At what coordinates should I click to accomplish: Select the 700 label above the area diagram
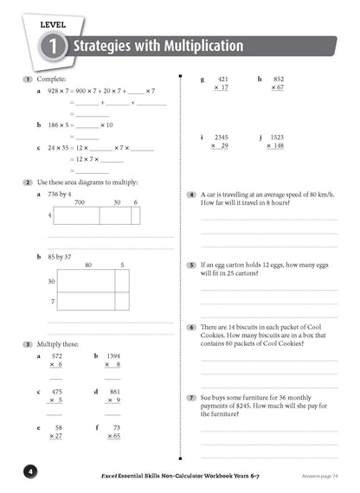pyautogui.click(x=79, y=202)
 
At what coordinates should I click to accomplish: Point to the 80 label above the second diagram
pyautogui.click(x=88, y=265)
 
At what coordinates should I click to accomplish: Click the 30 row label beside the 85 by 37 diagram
pyautogui.click(x=51, y=281)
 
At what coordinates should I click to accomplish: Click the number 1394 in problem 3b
pyautogui.click(x=113, y=355)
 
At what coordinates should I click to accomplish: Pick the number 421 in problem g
pyautogui.click(x=222, y=79)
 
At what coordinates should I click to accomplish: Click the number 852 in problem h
pyautogui.click(x=278, y=79)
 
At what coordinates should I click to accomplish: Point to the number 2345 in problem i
pyautogui.click(x=221, y=137)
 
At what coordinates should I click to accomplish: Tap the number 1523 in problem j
pyautogui.click(x=276, y=137)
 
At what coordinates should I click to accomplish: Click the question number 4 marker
pyautogui.click(x=191, y=195)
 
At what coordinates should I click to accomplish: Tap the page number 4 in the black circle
pyautogui.click(x=29, y=471)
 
